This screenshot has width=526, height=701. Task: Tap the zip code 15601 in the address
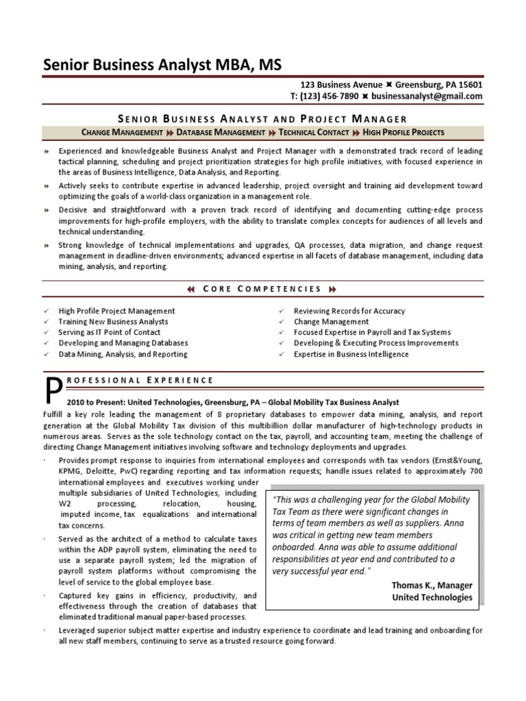click(469, 85)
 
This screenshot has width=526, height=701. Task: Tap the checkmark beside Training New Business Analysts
click(45, 322)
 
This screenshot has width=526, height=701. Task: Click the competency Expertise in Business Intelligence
click(351, 355)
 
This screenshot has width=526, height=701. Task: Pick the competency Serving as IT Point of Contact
click(110, 333)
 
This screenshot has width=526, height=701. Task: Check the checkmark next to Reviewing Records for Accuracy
click(281, 311)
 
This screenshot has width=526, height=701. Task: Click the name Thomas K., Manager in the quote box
click(431, 585)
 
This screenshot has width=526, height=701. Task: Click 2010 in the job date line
click(77, 403)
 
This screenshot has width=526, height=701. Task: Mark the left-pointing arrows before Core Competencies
click(191, 289)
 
